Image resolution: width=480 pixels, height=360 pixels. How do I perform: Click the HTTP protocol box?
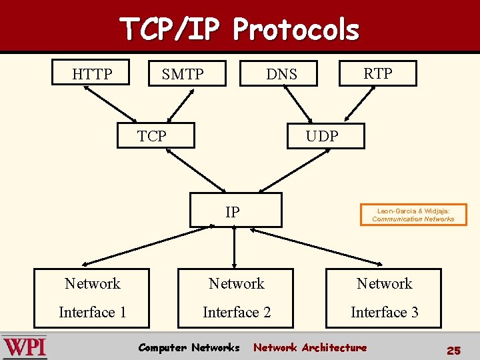click(92, 73)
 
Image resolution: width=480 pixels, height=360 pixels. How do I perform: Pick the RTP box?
click(377, 73)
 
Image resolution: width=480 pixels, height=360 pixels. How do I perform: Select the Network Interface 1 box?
click(93, 298)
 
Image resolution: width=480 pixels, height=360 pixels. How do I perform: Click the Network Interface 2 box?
click(237, 298)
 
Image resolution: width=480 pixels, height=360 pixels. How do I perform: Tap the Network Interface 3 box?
click(384, 298)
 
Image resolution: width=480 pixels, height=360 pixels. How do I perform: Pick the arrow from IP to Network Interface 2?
click(235, 248)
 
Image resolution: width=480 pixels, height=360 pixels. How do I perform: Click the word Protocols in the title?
click(296, 29)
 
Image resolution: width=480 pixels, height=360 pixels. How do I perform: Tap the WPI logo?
click(25, 347)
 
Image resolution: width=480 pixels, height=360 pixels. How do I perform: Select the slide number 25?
click(453, 350)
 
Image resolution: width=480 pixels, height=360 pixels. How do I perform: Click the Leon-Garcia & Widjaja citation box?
click(413, 215)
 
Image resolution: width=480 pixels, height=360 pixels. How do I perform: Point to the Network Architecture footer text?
click(310, 347)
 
